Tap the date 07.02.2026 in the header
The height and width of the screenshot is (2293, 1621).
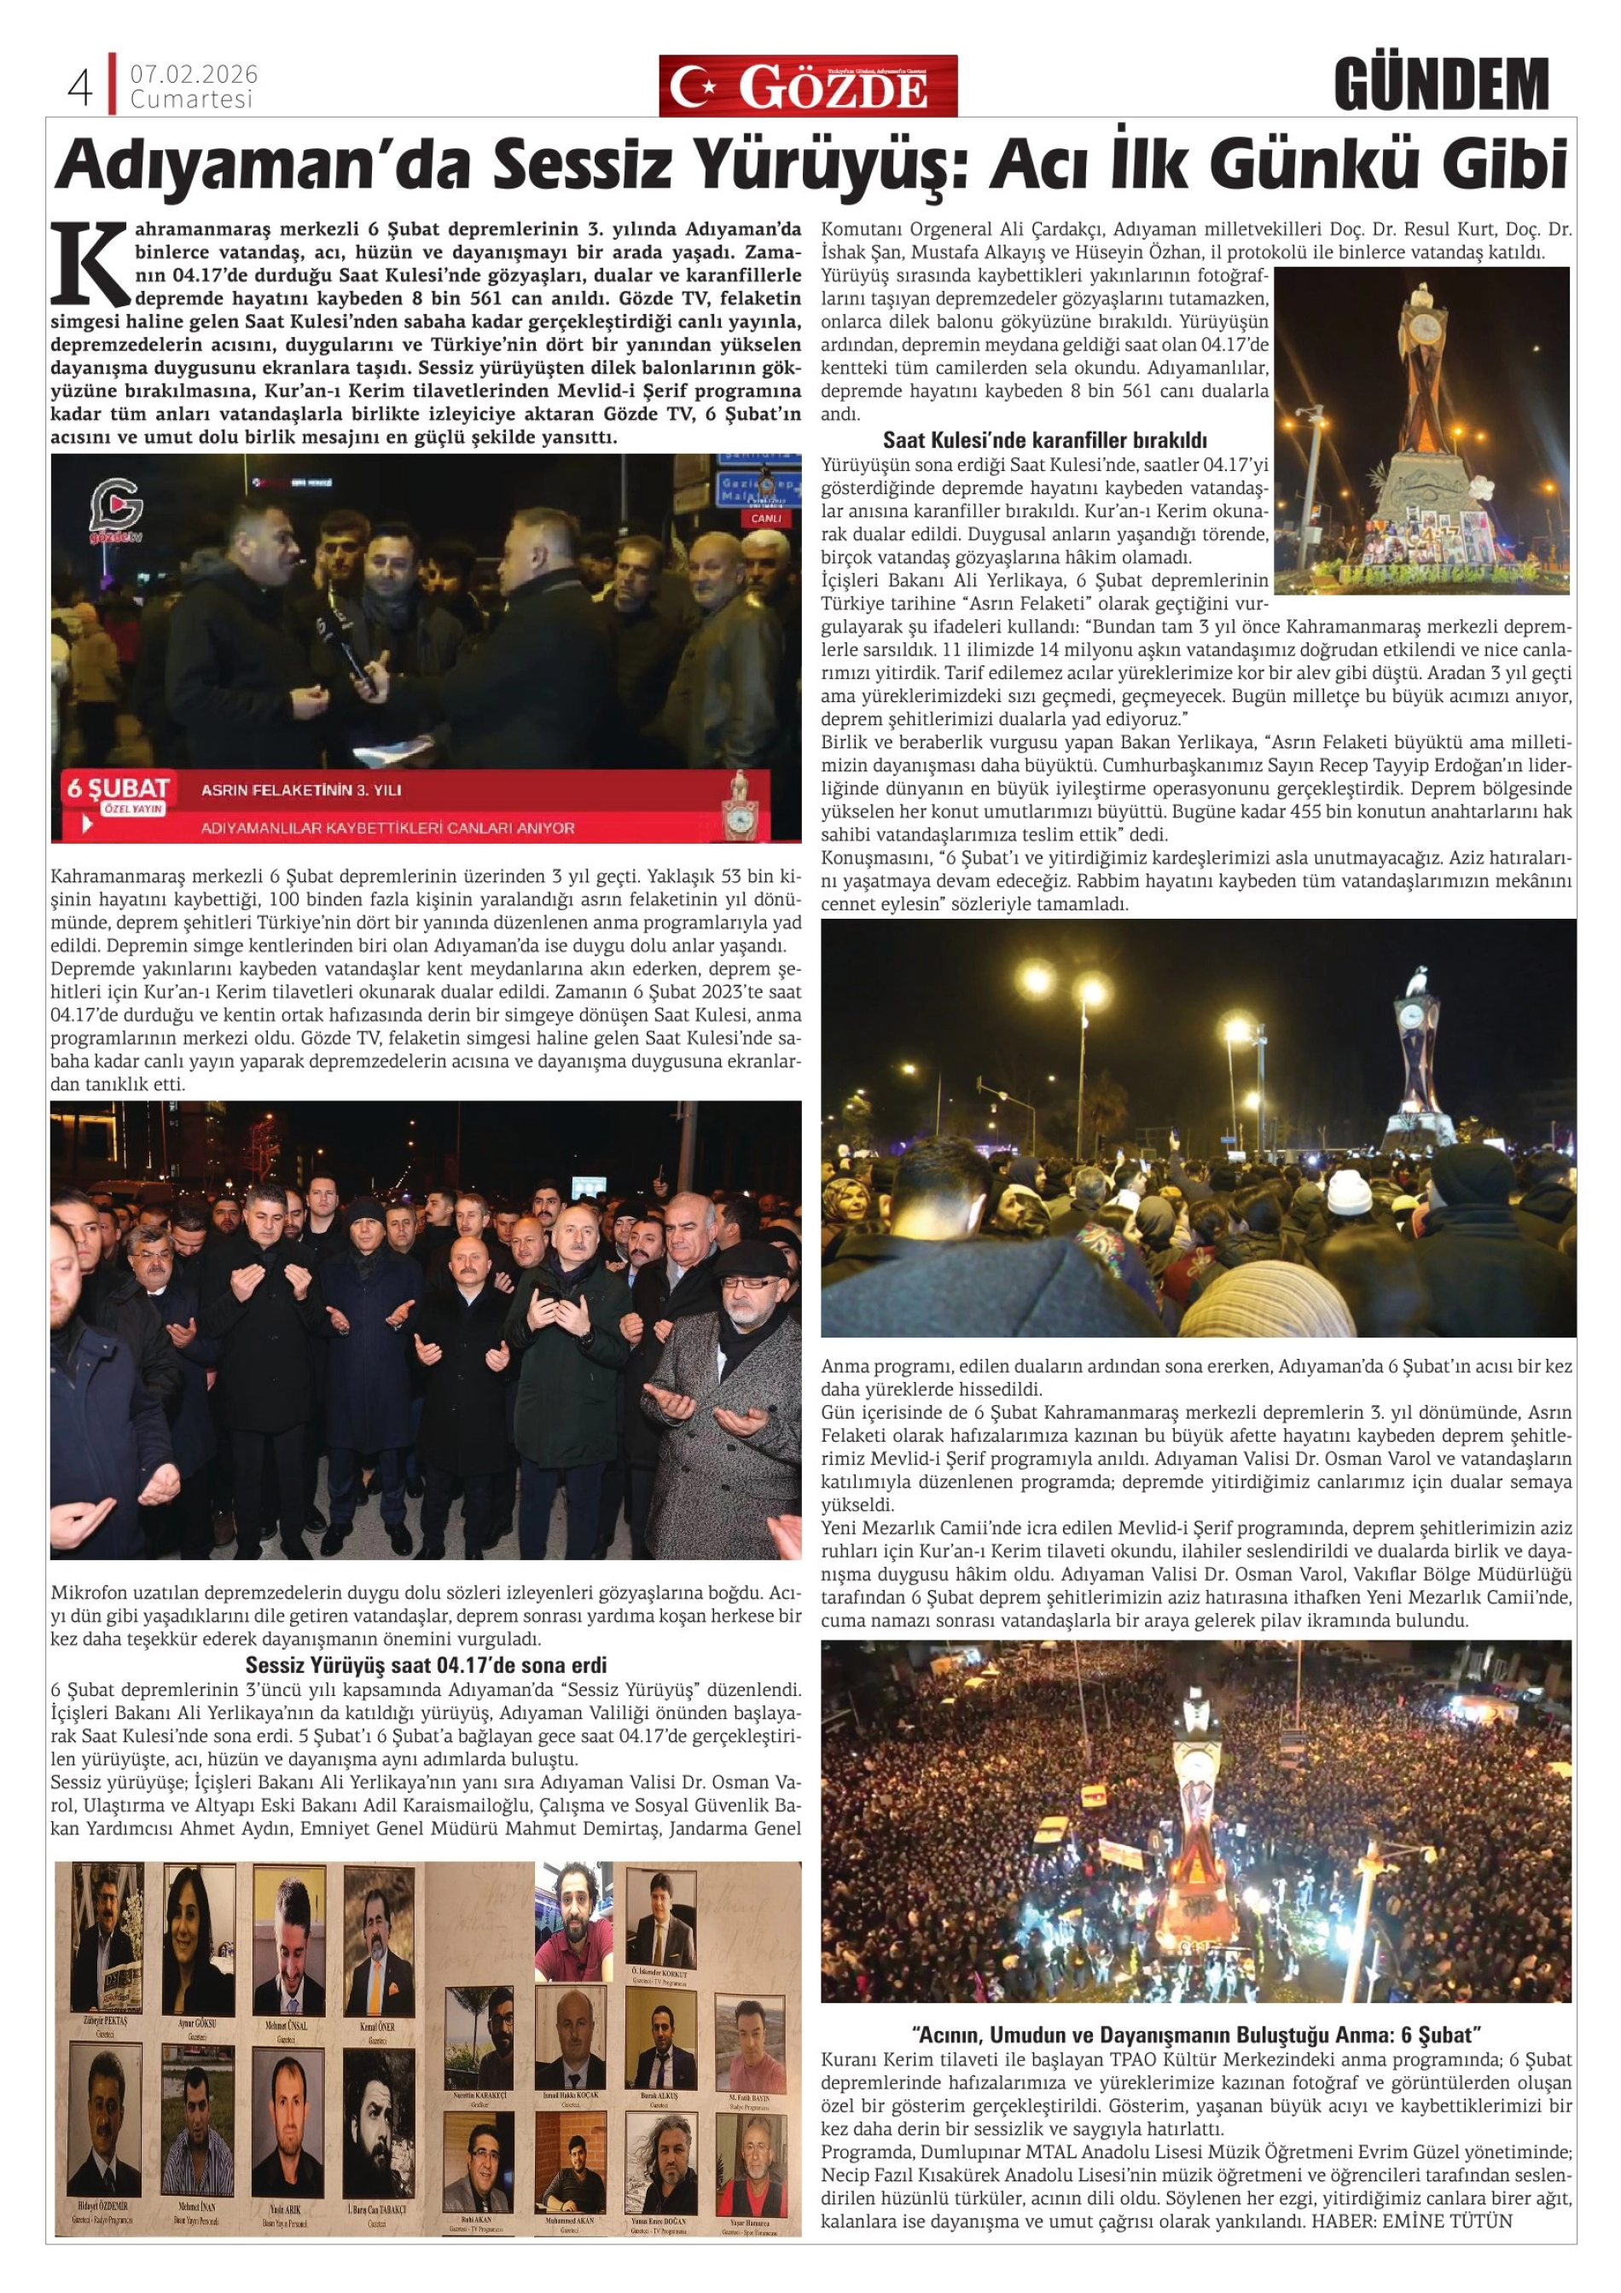[x=193, y=75]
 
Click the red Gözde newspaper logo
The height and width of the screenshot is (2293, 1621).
[x=807, y=87]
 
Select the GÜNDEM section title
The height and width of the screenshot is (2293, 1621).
[x=1440, y=85]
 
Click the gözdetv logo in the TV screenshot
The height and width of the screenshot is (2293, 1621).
[x=115, y=511]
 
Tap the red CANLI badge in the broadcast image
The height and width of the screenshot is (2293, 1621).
[x=765, y=520]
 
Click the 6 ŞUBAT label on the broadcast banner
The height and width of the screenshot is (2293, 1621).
[x=117, y=789]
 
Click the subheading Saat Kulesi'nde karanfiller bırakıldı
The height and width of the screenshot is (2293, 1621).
[x=1045, y=439]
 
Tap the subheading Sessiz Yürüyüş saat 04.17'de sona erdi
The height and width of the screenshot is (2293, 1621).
[x=426, y=1665]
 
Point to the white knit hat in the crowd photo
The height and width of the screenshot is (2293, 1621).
[x=1348, y=1192]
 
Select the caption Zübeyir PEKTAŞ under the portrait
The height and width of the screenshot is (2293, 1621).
[x=104, y=2019]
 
